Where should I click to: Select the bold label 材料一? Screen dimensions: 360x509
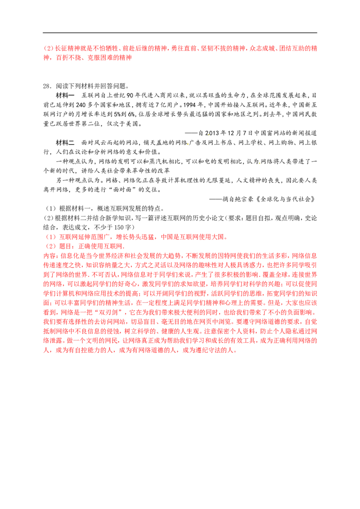click(65, 95)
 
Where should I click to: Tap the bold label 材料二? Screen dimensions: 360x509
click(65, 143)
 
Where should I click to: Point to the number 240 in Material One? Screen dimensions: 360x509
click(81, 105)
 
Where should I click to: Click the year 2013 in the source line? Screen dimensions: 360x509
click(212, 133)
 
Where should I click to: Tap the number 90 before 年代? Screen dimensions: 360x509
click(130, 95)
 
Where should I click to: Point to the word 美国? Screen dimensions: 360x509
click(131, 124)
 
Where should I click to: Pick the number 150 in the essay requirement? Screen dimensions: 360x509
click(119, 227)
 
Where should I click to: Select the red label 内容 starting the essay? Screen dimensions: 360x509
click(49, 256)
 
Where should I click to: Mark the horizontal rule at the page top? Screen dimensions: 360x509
click(180, 32)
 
